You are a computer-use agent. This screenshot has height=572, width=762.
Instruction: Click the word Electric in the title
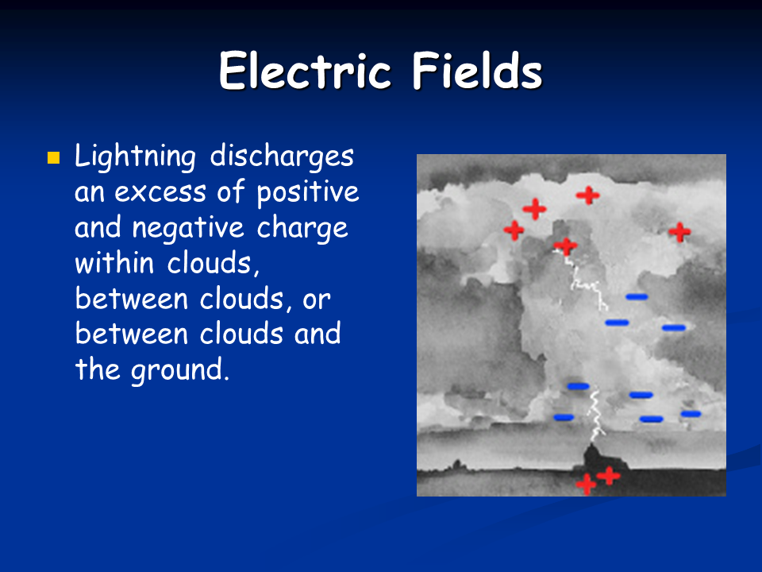(x=305, y=71)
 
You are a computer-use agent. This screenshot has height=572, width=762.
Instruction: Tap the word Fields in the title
(x=477, y=71)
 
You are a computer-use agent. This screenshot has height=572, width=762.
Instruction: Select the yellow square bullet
(x=53, y=157)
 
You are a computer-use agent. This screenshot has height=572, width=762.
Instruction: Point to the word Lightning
(x=136, y=157)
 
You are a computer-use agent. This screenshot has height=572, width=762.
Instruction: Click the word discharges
(x=282, y=156)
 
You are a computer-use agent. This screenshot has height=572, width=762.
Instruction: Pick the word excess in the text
(x=160, y=192)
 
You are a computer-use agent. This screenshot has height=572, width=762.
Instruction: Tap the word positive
(x=308, y=191)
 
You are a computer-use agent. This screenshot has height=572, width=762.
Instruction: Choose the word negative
(x=188, y=228)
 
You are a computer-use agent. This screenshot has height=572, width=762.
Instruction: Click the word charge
(x=302, y=228)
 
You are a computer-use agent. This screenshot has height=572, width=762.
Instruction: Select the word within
(x=114, y=263)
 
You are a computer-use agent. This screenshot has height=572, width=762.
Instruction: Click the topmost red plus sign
(x=588, y=195)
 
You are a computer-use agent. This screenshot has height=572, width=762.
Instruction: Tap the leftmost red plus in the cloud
(x=514, y=230)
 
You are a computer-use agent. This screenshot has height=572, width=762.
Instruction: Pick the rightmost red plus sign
(x=679, y=232)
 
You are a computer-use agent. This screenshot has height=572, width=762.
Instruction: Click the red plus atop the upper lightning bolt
(x=566, y=246)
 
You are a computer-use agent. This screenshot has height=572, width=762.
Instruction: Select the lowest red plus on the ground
(x=586, y=485)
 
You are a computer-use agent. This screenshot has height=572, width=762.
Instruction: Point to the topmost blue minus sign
(x=637, y=296)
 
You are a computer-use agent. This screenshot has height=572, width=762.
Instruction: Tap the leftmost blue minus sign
(x=564, y=417)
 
